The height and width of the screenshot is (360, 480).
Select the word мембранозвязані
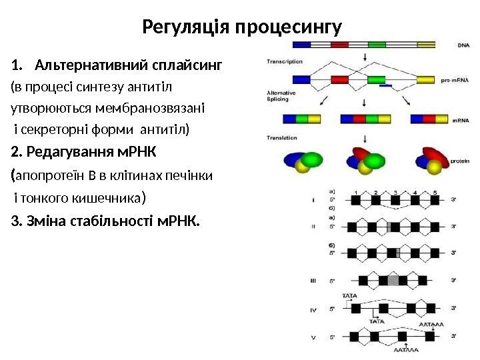point(160,107)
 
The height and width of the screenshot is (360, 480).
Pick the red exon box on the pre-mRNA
point(341,79)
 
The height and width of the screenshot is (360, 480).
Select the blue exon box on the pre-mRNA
point(301,79)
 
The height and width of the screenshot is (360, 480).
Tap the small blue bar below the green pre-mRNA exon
point(385,86)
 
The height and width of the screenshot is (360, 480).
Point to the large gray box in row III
point(394,281)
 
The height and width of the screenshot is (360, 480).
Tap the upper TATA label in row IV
point(349,294)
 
